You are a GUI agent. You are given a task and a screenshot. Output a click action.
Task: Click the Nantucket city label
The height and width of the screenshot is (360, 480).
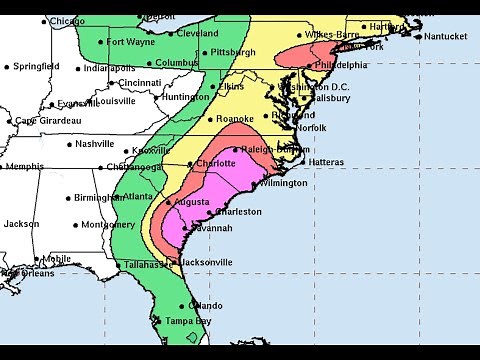[x=445, y=37]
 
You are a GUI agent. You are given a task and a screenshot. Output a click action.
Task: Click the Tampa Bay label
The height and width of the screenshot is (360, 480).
[x=189, y=322]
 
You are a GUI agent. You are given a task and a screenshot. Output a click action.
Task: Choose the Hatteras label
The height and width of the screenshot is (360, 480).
[x=326, y=162]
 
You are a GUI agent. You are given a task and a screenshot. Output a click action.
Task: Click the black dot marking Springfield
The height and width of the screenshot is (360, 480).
[x=7, y=67]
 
